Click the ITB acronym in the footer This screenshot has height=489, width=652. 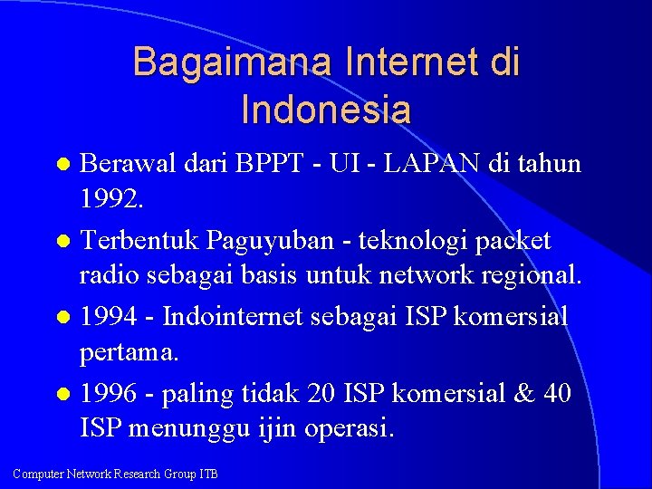click(x=207, y=474)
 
